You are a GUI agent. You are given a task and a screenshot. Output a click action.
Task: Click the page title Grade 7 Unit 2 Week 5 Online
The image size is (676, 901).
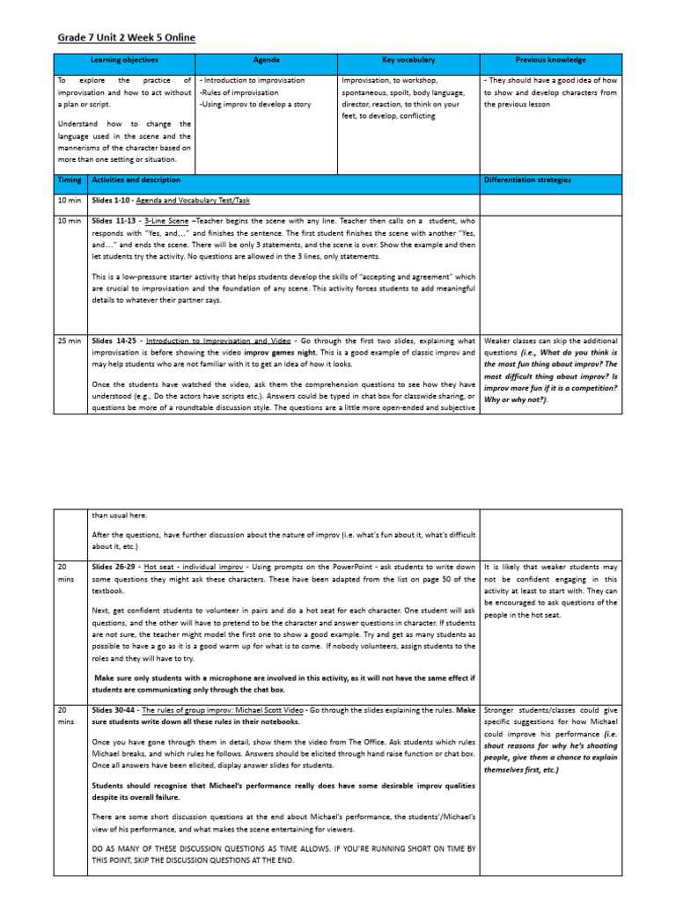point(126,38)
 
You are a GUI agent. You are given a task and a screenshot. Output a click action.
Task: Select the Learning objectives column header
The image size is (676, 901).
point(124,61)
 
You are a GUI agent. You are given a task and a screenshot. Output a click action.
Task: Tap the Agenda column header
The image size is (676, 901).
point(267,61)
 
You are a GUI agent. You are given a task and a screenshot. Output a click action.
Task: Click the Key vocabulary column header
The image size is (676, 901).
point(408,61)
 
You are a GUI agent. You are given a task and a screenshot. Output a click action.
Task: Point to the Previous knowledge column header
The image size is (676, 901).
point(550,61)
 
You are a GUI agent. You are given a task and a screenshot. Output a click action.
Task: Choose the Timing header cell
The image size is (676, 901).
point(70,180)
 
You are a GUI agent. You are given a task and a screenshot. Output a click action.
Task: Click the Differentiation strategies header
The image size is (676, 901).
point(527,180)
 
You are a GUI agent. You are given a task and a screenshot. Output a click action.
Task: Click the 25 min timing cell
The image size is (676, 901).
point(70,341)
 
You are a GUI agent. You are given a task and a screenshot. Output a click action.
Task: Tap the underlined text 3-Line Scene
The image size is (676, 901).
point(165,220)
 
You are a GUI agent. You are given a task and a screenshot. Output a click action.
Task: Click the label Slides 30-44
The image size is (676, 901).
point(114,709)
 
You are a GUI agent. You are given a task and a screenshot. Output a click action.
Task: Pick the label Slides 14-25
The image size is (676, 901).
point(115,341)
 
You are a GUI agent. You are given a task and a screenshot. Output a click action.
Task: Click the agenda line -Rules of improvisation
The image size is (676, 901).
point(239,92)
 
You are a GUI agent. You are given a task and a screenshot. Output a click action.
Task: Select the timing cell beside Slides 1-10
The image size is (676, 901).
point(70,201)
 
